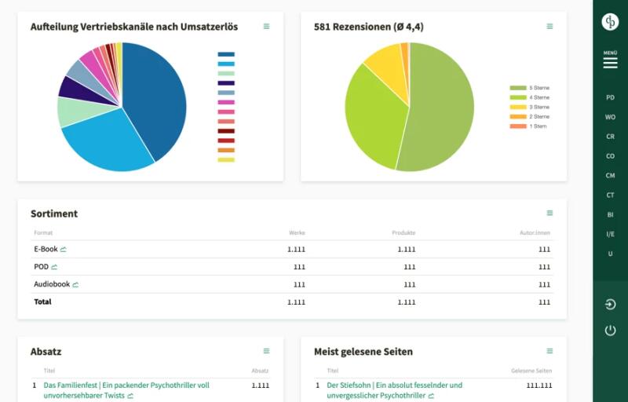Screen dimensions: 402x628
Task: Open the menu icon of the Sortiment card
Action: (549, 213)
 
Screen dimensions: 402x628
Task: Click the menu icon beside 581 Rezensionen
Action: (549, 27)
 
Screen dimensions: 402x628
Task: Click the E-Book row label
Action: (46, 249)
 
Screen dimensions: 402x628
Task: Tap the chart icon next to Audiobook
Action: (76, 284)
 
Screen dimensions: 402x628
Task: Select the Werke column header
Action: (297, 232)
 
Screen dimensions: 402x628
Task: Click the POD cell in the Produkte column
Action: (409, 267)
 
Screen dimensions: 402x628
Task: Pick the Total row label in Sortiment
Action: (42, 301)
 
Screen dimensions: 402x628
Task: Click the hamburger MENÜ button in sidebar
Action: (610, 61)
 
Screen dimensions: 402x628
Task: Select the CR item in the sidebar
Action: (610, 137)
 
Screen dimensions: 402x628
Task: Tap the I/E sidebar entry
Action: (610, 234)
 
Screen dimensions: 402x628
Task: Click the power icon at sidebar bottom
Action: (610, 331)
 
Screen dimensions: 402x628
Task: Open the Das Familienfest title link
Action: (126, 386)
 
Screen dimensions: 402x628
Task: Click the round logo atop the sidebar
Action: (610, 22)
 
